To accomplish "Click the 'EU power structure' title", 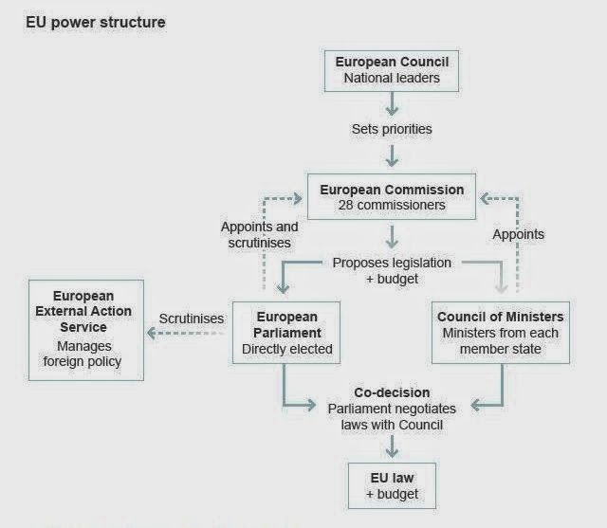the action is point(95,22).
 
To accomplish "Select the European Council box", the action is point(392,70).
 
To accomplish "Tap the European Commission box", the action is point(392,197).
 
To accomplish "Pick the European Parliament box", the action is point(284,333).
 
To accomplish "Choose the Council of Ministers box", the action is point(501,333).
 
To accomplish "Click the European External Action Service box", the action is point(86,329).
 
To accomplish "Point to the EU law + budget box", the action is point(392,486).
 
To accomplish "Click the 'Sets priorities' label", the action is point(392,128).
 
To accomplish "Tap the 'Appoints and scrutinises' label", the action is point(259,235).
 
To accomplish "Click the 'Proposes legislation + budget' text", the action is point(392,270).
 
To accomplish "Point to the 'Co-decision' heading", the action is point(392,392).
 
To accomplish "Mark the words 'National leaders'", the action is point(392,78).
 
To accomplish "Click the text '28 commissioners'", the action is point(392,205).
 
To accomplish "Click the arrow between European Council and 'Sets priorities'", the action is point(392,104).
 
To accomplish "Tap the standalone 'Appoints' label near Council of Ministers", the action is point(520,234).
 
